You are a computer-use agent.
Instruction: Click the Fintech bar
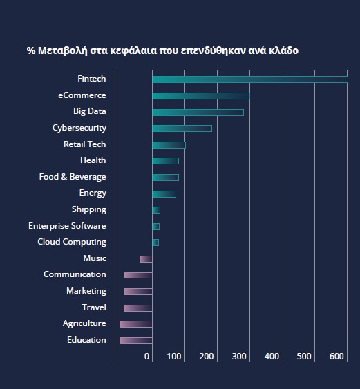250,79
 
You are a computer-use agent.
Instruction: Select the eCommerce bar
201,96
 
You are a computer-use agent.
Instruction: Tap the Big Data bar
198,113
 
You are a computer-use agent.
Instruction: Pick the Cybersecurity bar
182,129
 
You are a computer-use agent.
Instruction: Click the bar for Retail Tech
169,145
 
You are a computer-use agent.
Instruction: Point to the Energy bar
164,194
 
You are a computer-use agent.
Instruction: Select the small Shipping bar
156,210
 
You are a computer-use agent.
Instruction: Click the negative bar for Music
146,259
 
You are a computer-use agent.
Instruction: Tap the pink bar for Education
136,341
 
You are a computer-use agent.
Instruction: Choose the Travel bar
138,308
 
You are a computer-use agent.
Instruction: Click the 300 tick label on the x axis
239,357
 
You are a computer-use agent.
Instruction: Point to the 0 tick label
146,357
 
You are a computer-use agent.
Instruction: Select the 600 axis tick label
337,357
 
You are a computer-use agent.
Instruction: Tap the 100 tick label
173,357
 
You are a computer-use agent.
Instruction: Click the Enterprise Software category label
67,226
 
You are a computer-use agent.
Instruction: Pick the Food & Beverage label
73,177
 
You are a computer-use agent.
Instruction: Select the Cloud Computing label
72,242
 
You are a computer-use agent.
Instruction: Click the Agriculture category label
84,323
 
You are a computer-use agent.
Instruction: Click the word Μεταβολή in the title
63,50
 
